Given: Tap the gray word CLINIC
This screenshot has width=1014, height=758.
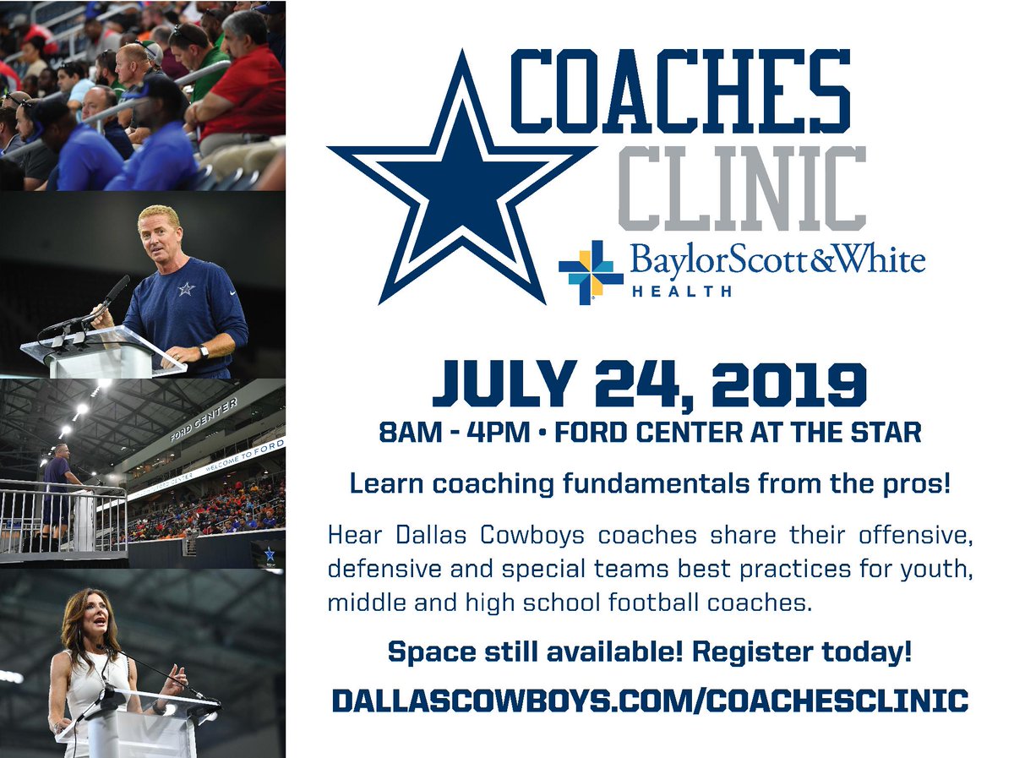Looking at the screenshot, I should click(742, 188).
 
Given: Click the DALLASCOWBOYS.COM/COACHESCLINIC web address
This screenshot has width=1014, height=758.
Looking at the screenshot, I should click(649, 701).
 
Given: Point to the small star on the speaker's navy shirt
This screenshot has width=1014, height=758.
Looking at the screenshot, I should click(186, 289).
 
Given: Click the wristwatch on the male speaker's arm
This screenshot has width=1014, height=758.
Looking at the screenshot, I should click(204, 350).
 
